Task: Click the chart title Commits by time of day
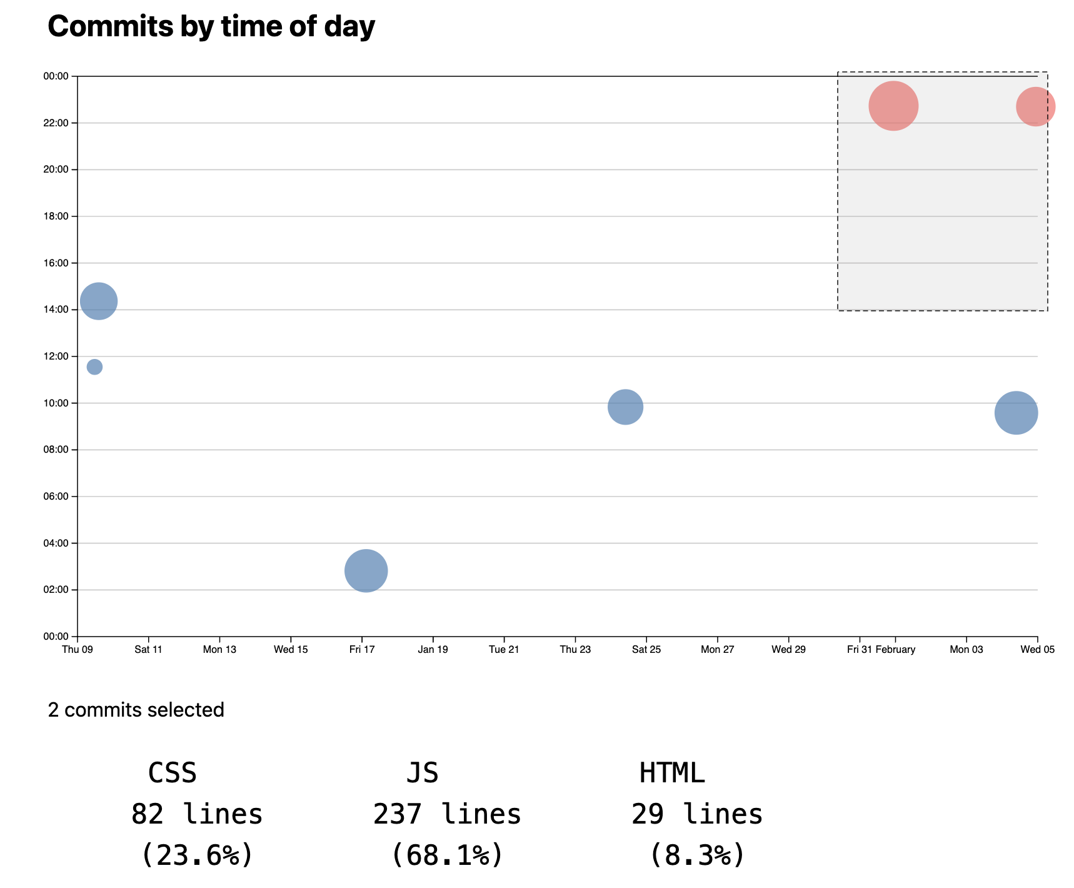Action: coord(211,27)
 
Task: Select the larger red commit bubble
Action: coord(893,106)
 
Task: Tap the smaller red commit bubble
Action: coord(1035,107)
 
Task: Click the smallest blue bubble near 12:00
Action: coord(94,367)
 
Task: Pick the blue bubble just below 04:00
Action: coord(366,570)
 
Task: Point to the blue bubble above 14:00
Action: coord(99,301)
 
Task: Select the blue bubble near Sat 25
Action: coord(625,407)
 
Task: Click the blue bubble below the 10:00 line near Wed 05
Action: coord(1016,413)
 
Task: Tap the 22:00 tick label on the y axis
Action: coord(56,123)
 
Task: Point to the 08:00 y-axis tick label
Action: coord(56,450)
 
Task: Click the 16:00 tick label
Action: coord(56,263)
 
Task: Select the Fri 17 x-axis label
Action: coord(362,650)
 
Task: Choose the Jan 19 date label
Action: coord(433,650)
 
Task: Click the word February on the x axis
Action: coord(895,650)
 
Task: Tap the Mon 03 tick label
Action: coord(966,650)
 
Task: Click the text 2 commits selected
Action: coord(136,710)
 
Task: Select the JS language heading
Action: coord(423,774)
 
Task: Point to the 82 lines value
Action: coord(197,814)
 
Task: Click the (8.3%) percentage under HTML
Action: coord(697,855)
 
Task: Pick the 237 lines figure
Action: coord(447,814)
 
